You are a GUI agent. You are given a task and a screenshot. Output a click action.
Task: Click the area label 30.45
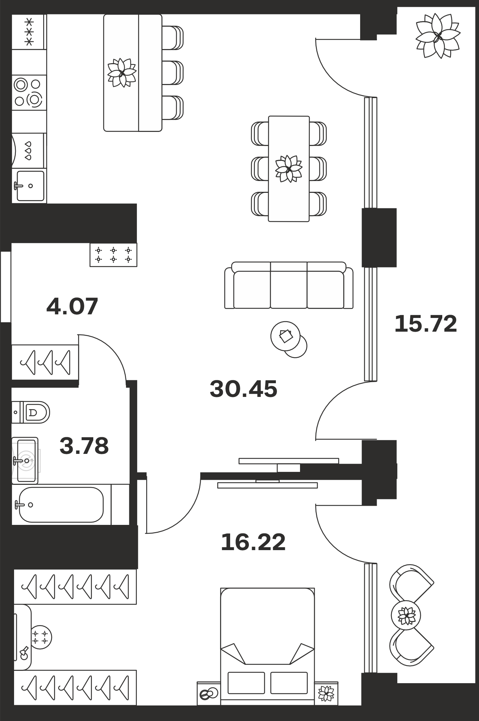[x=243, y=389]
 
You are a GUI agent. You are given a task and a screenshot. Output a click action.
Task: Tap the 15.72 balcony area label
[x=426, y=324]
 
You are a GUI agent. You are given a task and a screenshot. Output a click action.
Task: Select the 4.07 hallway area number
[x=72, y=306]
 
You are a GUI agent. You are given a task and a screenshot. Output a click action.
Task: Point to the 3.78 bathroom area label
[x=84, y=446]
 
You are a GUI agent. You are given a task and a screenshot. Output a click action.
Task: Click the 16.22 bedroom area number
[x=253, y=542]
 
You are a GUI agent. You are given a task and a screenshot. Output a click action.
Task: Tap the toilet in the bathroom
[x=31, y=412]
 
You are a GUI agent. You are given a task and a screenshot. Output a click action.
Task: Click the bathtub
[x=61, y=505]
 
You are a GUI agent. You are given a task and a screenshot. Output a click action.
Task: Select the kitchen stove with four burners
[x=29, y=92]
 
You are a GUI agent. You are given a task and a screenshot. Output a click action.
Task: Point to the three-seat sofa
[x=289, y=286]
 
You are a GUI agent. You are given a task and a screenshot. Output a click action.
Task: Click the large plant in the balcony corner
[x=438, y=36]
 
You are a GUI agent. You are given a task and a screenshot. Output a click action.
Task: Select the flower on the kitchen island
[x=122, y=73]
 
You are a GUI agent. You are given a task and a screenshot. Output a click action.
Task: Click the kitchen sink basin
[x=31, y=186]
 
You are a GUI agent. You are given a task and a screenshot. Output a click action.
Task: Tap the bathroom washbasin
[x=25, y=460]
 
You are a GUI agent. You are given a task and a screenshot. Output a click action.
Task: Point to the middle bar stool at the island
[x=173, y=73]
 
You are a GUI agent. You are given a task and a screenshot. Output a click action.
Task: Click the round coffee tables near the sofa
[x=289, y=340]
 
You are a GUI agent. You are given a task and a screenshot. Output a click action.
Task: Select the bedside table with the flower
[x=326, y=693]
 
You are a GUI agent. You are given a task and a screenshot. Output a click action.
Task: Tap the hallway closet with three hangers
[x=45, y=362]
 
